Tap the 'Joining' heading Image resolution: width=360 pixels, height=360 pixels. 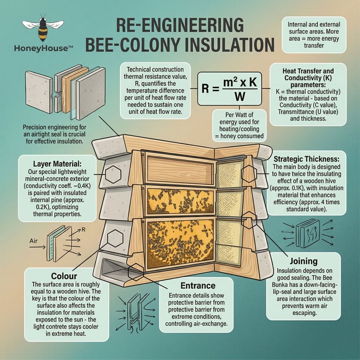[303, 261]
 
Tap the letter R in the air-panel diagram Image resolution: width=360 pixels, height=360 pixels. [83, 230]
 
